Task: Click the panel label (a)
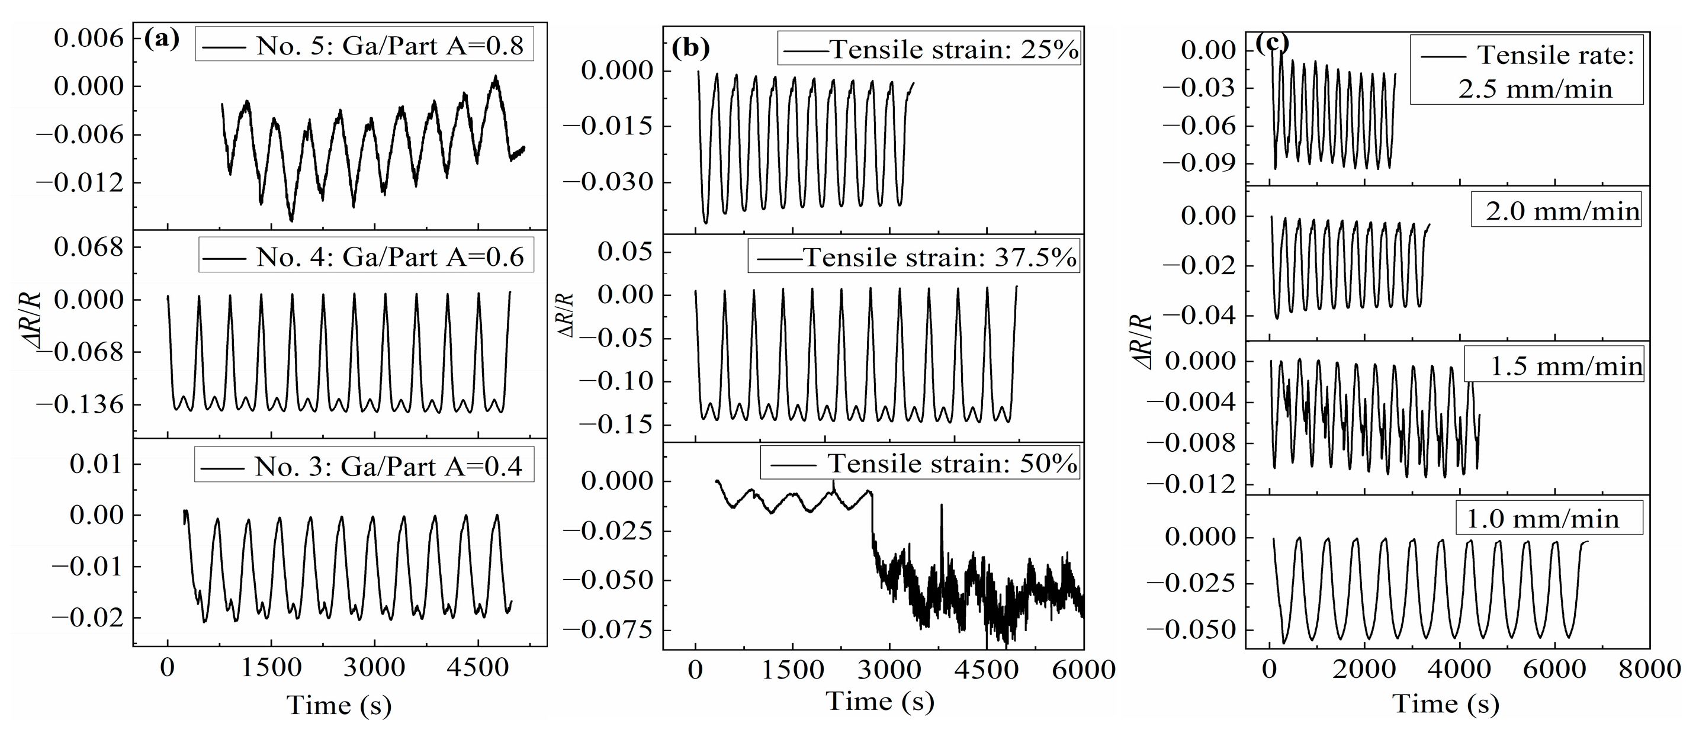point(161,40)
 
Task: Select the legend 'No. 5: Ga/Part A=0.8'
point(364,46)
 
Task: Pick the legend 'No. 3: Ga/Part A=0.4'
point(364,466)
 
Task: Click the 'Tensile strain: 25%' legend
point(929,49)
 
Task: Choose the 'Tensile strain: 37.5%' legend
point(914,257)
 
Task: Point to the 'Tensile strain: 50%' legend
point(920,464)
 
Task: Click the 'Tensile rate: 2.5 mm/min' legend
point(1526,71)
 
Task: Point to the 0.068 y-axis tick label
point(88,248)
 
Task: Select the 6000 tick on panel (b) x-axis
point(1083,670)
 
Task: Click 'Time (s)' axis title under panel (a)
point(339,705)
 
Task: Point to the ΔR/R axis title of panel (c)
point(1143,342)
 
